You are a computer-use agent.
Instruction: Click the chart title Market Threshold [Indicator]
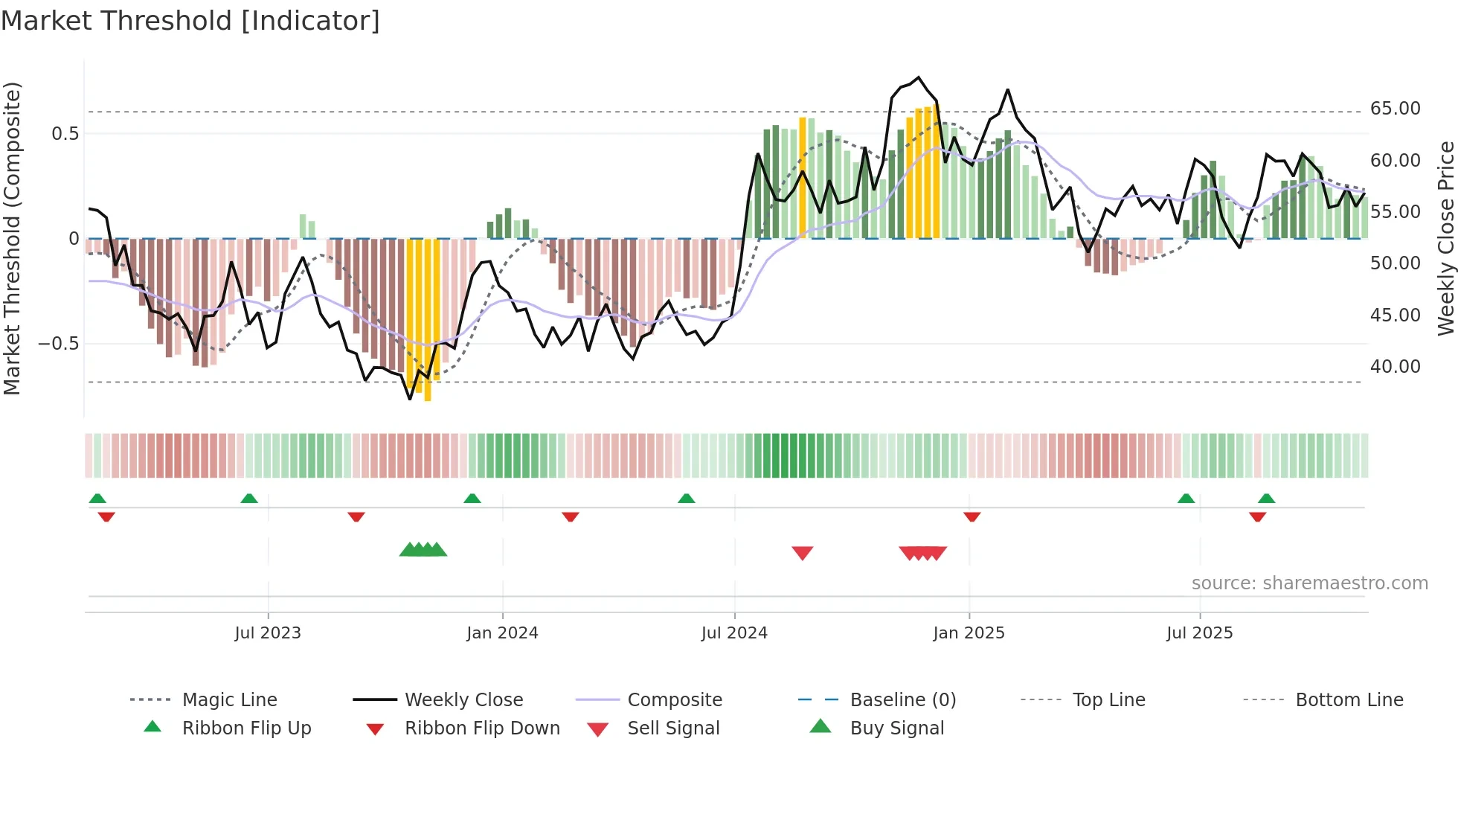tap(190, 21)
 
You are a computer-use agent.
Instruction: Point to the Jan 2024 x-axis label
tap(502, 633)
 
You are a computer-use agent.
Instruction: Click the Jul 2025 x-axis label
tap(1199, 633)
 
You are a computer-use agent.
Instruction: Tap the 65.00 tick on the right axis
tap(1395, 109)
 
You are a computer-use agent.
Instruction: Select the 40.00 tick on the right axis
tap(1395, 367)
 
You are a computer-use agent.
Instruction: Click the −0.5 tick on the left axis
tap(59, 344)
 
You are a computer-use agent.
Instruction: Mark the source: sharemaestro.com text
tap(1309, 583)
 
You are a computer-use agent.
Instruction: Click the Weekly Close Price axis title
tap(1445, 238)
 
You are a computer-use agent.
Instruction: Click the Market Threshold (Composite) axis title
tap(12, 238)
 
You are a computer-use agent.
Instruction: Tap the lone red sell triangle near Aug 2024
tap(802, 553)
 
